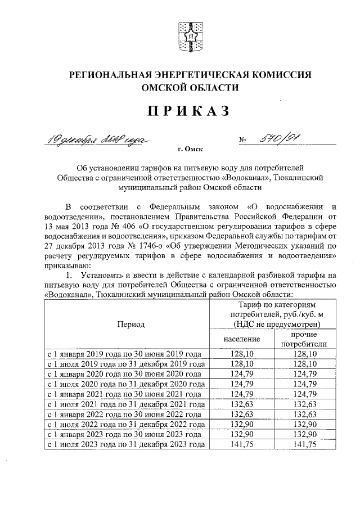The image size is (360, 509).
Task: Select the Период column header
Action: click(x=130, y=325)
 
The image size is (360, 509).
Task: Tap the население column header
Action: click(x=241, y=339)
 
